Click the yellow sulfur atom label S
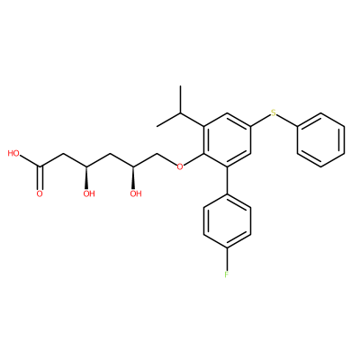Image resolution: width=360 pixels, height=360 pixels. tap(273, 113)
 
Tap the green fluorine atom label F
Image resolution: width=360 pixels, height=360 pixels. tap(227, 274)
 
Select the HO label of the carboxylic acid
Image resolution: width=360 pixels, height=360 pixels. tap(13, 154)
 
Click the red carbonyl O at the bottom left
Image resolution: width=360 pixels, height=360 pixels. tap(40, 193)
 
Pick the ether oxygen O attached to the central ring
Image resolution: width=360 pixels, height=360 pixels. tap(180, 166)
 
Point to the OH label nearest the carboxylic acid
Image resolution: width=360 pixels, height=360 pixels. tap(89, 193)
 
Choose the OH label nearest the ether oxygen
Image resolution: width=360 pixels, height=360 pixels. tap(136, 193)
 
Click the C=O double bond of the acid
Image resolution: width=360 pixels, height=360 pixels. tap(40, 177)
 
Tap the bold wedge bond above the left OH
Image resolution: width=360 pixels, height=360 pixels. tap(86, 177)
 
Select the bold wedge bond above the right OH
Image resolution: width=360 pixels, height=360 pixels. tap(133, 177)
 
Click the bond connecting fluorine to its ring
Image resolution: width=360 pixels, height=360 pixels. tap(227, 259)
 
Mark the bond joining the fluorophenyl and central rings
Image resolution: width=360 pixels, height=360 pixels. tap(227, 180)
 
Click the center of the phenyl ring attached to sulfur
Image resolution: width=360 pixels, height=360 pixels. tap(320, 139)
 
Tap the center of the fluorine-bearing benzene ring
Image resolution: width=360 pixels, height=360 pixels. tap(227, 220)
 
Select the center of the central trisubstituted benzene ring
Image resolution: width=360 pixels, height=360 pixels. tap(227, 139)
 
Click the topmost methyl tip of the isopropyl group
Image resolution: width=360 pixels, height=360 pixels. tap(181, 86)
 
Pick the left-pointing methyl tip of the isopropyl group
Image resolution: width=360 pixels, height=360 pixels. tap(157, 126)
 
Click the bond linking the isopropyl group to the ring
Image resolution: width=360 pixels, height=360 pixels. tap(193, 120)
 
